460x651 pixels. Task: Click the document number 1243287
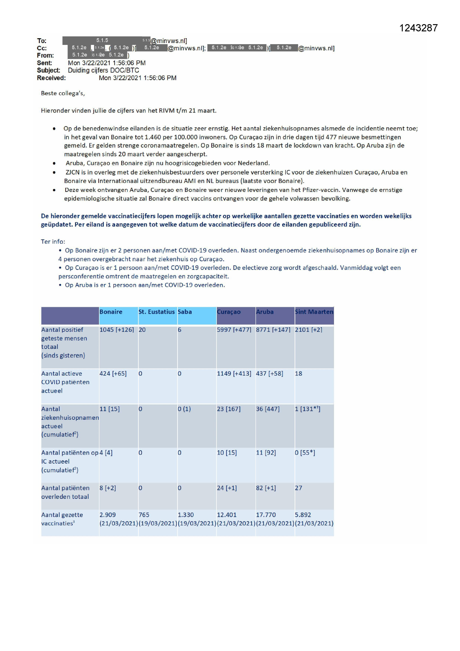(418, 28)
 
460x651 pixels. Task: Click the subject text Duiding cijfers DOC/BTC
(103, 70)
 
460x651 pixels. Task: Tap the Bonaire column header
(111, 312)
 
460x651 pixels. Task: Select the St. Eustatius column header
(156, 312)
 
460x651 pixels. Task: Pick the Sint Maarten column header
(314, 312)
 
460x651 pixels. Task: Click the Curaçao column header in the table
(229, 312)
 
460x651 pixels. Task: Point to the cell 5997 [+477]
(234, 330)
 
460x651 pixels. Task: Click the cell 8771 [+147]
(273, 330)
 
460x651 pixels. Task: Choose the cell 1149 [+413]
(234, 373)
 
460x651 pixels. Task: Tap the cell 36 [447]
(268, 409)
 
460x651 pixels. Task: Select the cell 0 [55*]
(305, 452)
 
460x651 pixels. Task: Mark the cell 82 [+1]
(266, 488)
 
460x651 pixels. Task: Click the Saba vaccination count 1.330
(186, 515)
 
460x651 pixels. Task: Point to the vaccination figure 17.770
(266, 515)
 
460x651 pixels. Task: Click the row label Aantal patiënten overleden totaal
(65, 492)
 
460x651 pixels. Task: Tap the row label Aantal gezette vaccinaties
(62, 519)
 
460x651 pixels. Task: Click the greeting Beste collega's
(63, 93)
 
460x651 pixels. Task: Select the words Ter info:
(53, 242)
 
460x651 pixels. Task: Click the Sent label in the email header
(44, 63)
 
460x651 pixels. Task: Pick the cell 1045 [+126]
(116, 330)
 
